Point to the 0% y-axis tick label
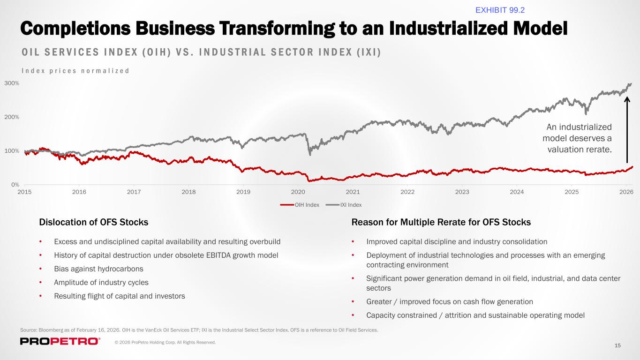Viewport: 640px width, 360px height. click(x=15, y=185)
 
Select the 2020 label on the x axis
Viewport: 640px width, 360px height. click(x=298, y=192)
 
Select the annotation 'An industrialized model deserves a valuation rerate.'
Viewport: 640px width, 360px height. click(x=577, y=138)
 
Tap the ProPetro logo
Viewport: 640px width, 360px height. click(x=60, y=341)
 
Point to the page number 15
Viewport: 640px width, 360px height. click(x=617, y=345)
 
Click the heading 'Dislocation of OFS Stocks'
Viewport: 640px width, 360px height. click(x=94, y=222)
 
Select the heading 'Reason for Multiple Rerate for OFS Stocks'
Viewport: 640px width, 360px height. click(x=441, y=222)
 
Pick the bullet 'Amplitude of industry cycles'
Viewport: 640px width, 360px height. click(x=101, y=283)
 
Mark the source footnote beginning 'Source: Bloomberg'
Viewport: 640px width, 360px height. click(x=199, y=330)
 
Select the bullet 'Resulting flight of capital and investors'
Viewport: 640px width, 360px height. click(x=120, y=296)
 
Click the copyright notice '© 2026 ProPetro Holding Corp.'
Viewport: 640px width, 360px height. click(x=166, y=343)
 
